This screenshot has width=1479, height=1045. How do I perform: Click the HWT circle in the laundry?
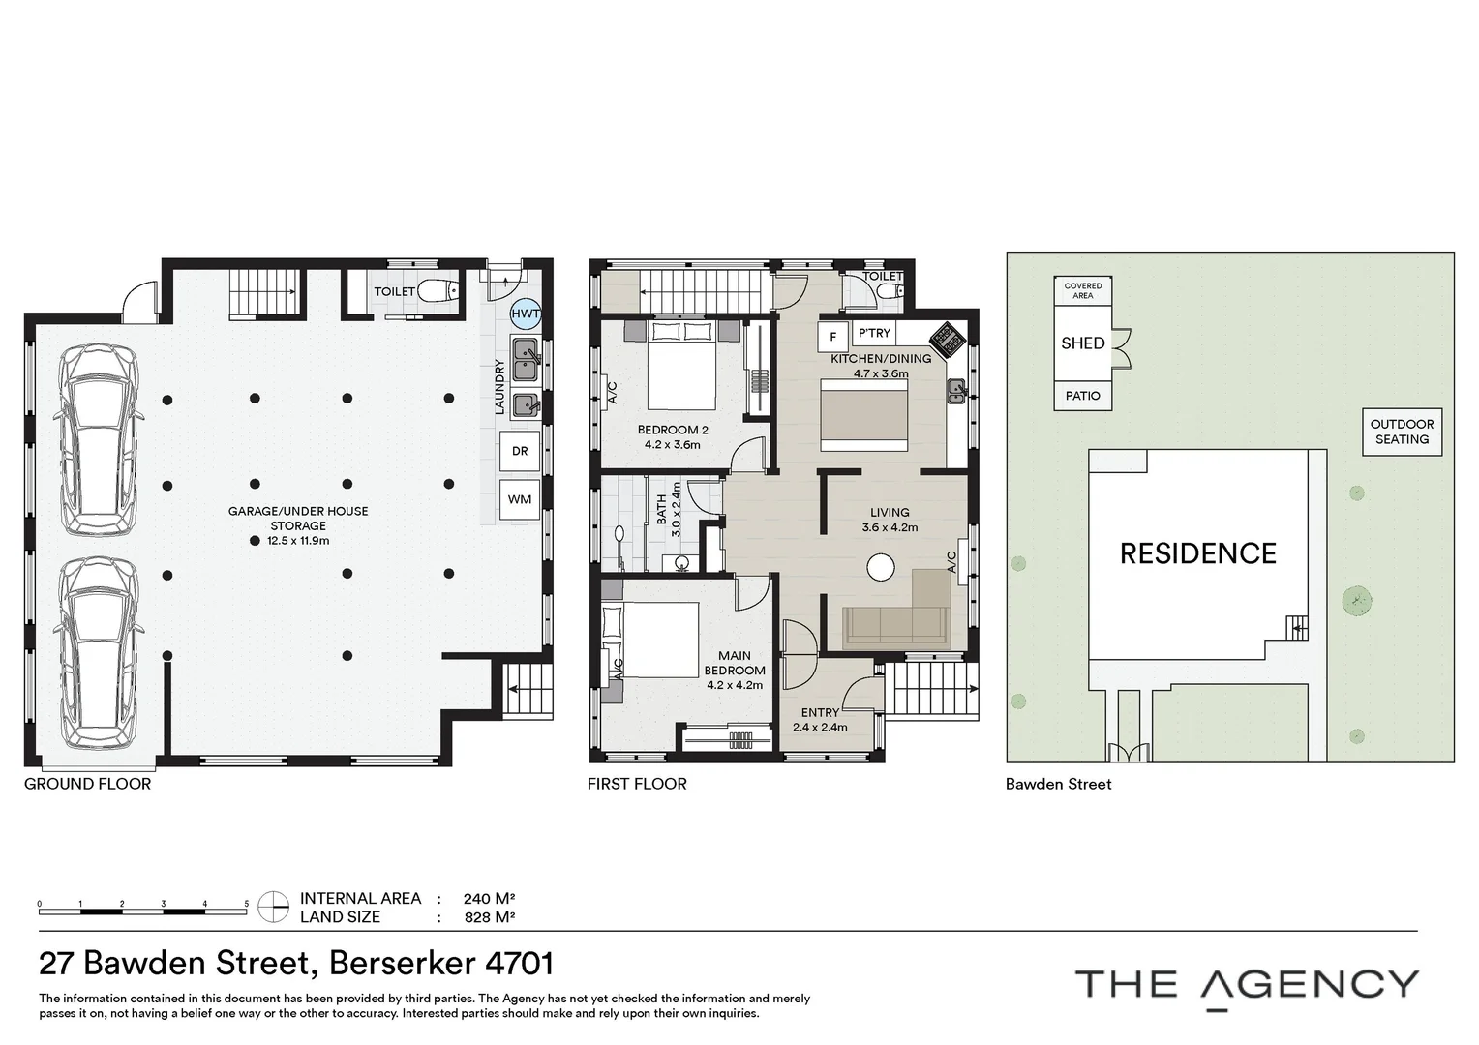[x=526, y=313]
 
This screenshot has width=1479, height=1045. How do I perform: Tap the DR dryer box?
[x=520, y=451]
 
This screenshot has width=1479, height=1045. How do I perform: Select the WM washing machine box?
[x=520, y=499]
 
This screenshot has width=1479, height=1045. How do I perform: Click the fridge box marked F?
[x=832, y=338]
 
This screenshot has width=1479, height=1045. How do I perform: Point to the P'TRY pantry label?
[x=874, y=333]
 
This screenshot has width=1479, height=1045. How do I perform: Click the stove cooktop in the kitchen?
[x=946, y=339]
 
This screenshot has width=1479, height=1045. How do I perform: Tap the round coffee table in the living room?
[x=880, y=567]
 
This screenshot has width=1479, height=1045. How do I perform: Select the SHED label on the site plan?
[x=1082, y=343]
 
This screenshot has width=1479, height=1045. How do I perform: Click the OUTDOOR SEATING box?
[x=1402, y=432]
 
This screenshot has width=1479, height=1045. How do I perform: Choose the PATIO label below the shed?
[x=1082, y=396]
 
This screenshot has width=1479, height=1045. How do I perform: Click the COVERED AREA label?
[x=1082, y=290]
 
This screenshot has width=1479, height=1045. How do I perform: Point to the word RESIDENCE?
[x=1197, y=553]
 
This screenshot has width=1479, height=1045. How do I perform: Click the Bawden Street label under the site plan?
[x=1058, y=784]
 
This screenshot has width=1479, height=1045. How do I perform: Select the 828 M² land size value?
[x=489, y=917]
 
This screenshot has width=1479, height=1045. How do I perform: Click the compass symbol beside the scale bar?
[x=274, y=907]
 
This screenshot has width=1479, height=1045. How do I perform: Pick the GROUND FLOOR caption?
[x=87, y=784]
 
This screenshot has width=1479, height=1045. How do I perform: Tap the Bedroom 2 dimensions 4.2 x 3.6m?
[x=672, y=445]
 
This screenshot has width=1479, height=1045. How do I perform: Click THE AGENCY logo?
[x=1247, y=985]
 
